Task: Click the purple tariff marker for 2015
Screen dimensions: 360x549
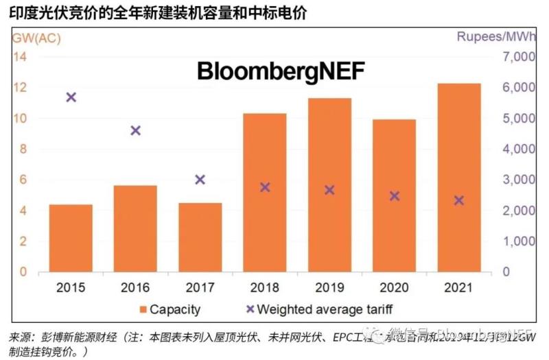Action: point(71,97)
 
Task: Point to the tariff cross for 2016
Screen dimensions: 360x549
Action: point(135,130)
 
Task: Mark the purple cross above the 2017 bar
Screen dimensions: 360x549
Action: point(200,180)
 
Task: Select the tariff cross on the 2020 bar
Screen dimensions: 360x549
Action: point(395,196)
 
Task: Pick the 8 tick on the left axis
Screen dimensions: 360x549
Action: point(22,149)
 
